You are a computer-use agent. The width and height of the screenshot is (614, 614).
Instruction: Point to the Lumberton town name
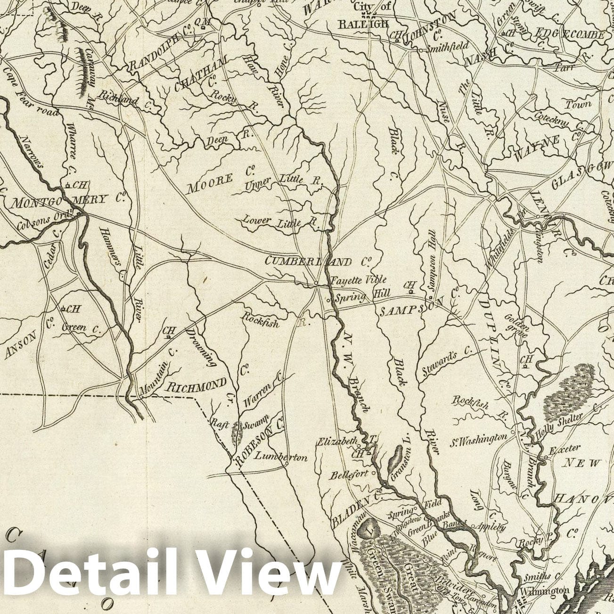coord(280,457)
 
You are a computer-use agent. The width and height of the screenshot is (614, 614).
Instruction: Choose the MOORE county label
coord(210,183)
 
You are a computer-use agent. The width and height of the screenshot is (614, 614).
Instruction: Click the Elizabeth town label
coord(336,442)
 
